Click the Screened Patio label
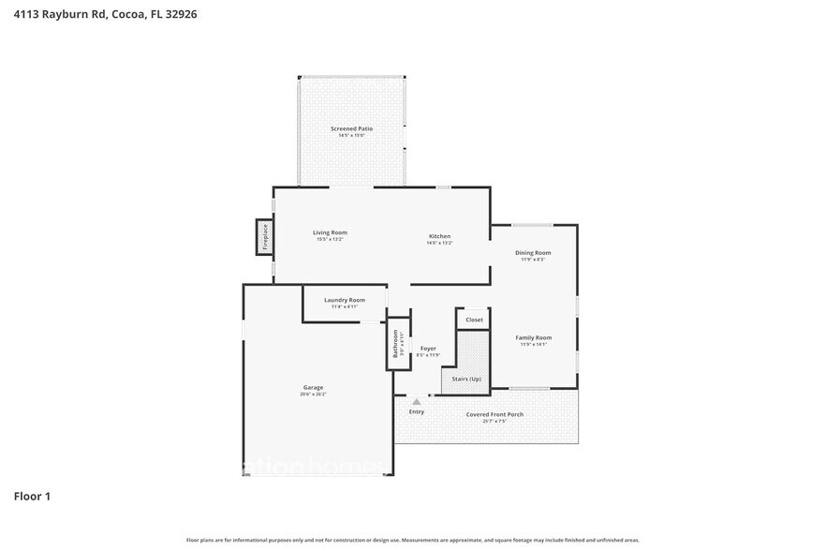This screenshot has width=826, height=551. pyautogui.click(x=351, y=128)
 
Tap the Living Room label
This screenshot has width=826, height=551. pyautogui.click(x=330, y=232)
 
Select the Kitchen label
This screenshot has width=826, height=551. pyautogui.click(x=439, y=236)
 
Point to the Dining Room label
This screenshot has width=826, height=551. pyautogui.click(x=533, y=253)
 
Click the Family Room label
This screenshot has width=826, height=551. pyautogui.click(x=533, y=337)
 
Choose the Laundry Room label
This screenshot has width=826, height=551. pyautogui.click(x=345, y=300)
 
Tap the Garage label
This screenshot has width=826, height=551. pyautogui.click(x=312, y=387)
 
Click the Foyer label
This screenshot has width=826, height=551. pyautogui.click(x=427, y=349)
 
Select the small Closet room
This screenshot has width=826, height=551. pyautogui.click(x=474, y=320)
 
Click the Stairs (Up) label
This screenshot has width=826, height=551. pyautogui.click(x=466, y=379)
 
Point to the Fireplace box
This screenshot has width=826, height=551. pyautogui.click(x=265, y=237)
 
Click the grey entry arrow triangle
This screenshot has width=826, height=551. pyautogui.click(x=417, y=402)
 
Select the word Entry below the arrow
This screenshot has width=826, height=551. pyautogui.click(x=417, y=412)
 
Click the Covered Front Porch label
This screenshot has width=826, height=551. pyautogui.click(x=494, y=414)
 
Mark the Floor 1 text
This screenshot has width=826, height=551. pyautogui.click(x=32, y=496)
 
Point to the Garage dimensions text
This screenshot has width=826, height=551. pyautogui.click(x=312, y=395)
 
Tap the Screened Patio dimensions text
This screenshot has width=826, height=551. pyautogui.click(x=351, y=136)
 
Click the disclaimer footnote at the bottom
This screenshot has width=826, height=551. pyautogui.click(x=413, y=540)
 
